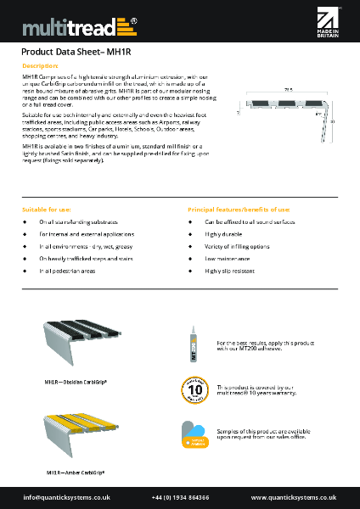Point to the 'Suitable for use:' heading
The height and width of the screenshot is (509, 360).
point(47,209)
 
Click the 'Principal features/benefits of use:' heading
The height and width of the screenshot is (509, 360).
point(239,209)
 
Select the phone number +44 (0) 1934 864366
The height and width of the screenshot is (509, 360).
point(180,497)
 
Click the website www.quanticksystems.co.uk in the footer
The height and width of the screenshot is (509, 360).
point(292,497)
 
